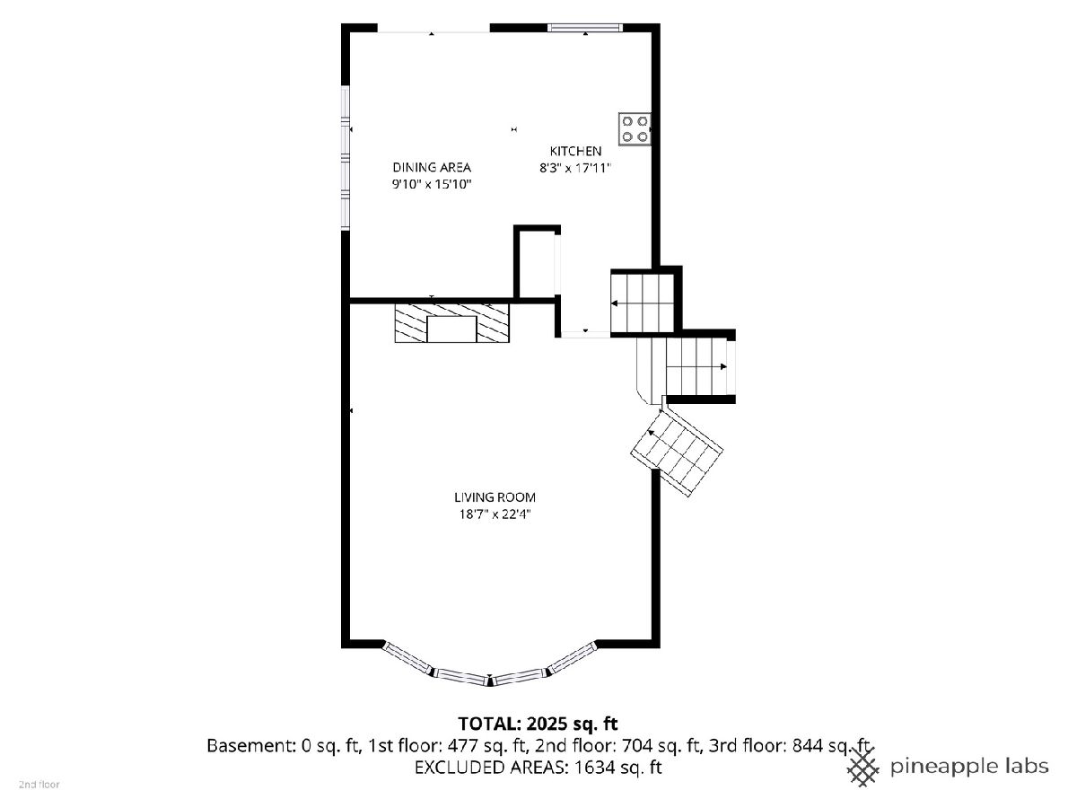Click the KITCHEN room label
point(575,151)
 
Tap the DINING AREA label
point(432,168)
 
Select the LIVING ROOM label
point(495,497)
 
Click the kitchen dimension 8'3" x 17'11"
point(575,168)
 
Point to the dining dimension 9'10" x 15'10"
point(432,184)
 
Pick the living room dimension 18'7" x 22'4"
point(495,514)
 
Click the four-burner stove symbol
point(635,129)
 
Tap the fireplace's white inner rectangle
point(451,329)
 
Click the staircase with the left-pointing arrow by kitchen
point(643,303)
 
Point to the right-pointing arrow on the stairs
point(723,366)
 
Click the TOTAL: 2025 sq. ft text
point(538,724)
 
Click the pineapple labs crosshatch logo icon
point(863,768)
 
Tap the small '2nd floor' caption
point(39,785)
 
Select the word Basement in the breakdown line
point(250,746)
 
